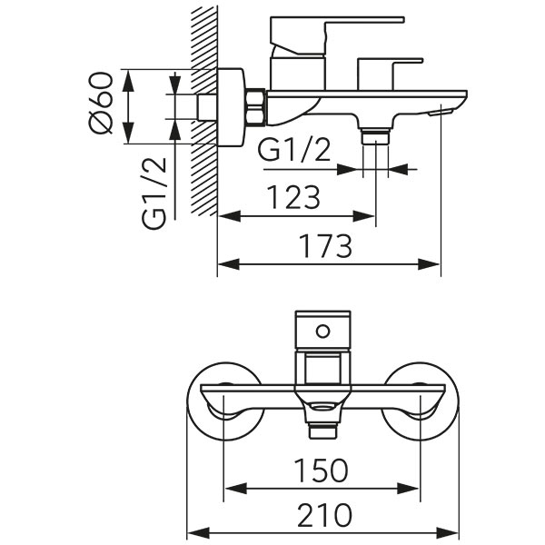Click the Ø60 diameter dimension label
coord(102,103)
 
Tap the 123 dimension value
coord(293,197)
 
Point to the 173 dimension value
coord(323,245)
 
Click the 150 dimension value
coord(322,470)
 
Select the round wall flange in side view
coord(233,106)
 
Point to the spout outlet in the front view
coord(322,420)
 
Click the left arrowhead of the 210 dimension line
coord(193,532)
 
